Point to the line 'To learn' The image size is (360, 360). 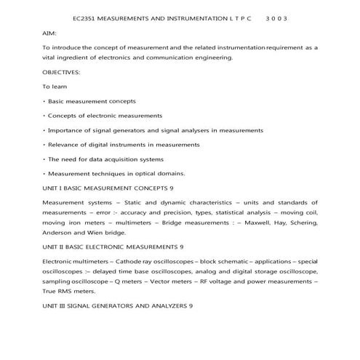(55, 87)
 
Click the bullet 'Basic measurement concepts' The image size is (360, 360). (92, 101)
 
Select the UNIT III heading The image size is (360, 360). (118, 305)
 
